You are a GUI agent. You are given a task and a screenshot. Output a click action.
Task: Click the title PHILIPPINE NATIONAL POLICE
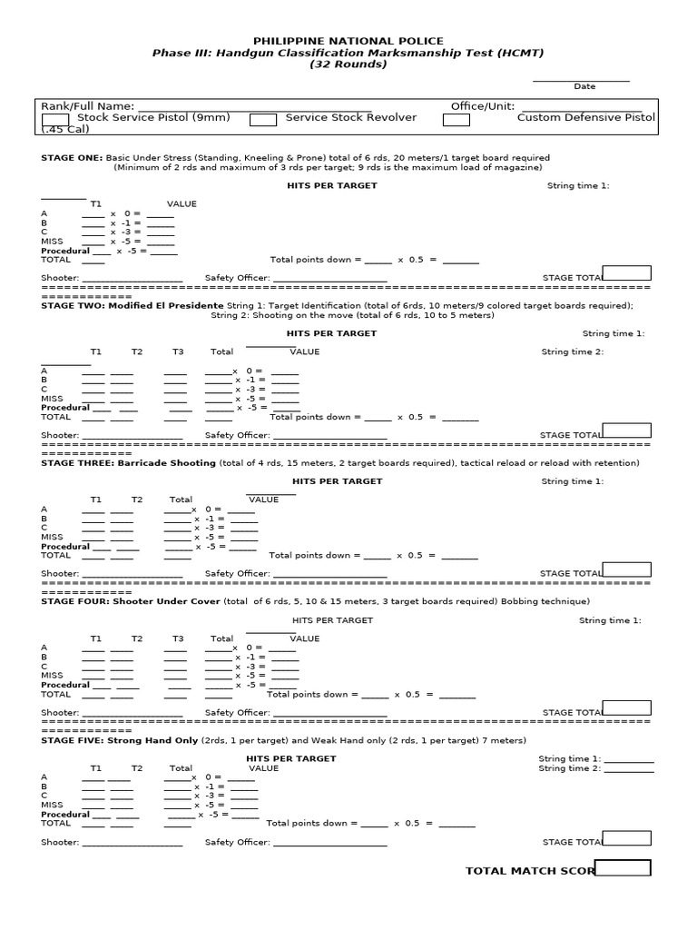[x=348, y=41]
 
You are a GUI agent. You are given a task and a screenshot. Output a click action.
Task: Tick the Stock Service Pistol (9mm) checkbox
[x=55, y=120]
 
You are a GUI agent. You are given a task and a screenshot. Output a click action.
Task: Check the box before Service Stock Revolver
[x=263, y=120]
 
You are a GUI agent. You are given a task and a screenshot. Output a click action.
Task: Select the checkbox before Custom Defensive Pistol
[x=456, y=120]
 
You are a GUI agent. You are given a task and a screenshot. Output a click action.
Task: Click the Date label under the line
[x=584, y=87]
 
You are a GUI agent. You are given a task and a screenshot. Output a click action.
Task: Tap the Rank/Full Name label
[x=88, y=106]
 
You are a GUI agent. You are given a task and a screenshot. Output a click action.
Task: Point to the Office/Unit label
[x=481, y=106]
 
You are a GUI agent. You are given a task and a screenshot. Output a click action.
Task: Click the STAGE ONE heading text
[x=72, y=157]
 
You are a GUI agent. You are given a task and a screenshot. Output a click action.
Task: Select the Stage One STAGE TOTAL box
[x=626, y=273]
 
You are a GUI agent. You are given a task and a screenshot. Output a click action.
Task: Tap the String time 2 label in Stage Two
[x=572, y=352]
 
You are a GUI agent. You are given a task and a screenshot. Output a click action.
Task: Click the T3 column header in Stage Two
[x=178, y=351]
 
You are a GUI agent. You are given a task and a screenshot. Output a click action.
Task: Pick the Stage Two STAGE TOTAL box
[x=626, y=430]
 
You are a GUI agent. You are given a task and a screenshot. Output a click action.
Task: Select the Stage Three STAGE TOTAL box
[x=626, y=569]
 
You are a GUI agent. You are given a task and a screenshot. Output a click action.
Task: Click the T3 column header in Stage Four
[x=178, y=638]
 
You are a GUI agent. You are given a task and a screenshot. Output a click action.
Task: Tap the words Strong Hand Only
[x=154, y=740]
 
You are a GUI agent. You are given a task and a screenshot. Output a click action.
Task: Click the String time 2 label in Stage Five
[x=569, y=768]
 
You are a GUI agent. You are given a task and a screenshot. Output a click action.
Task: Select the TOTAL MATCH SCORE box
[x=623, y=867]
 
